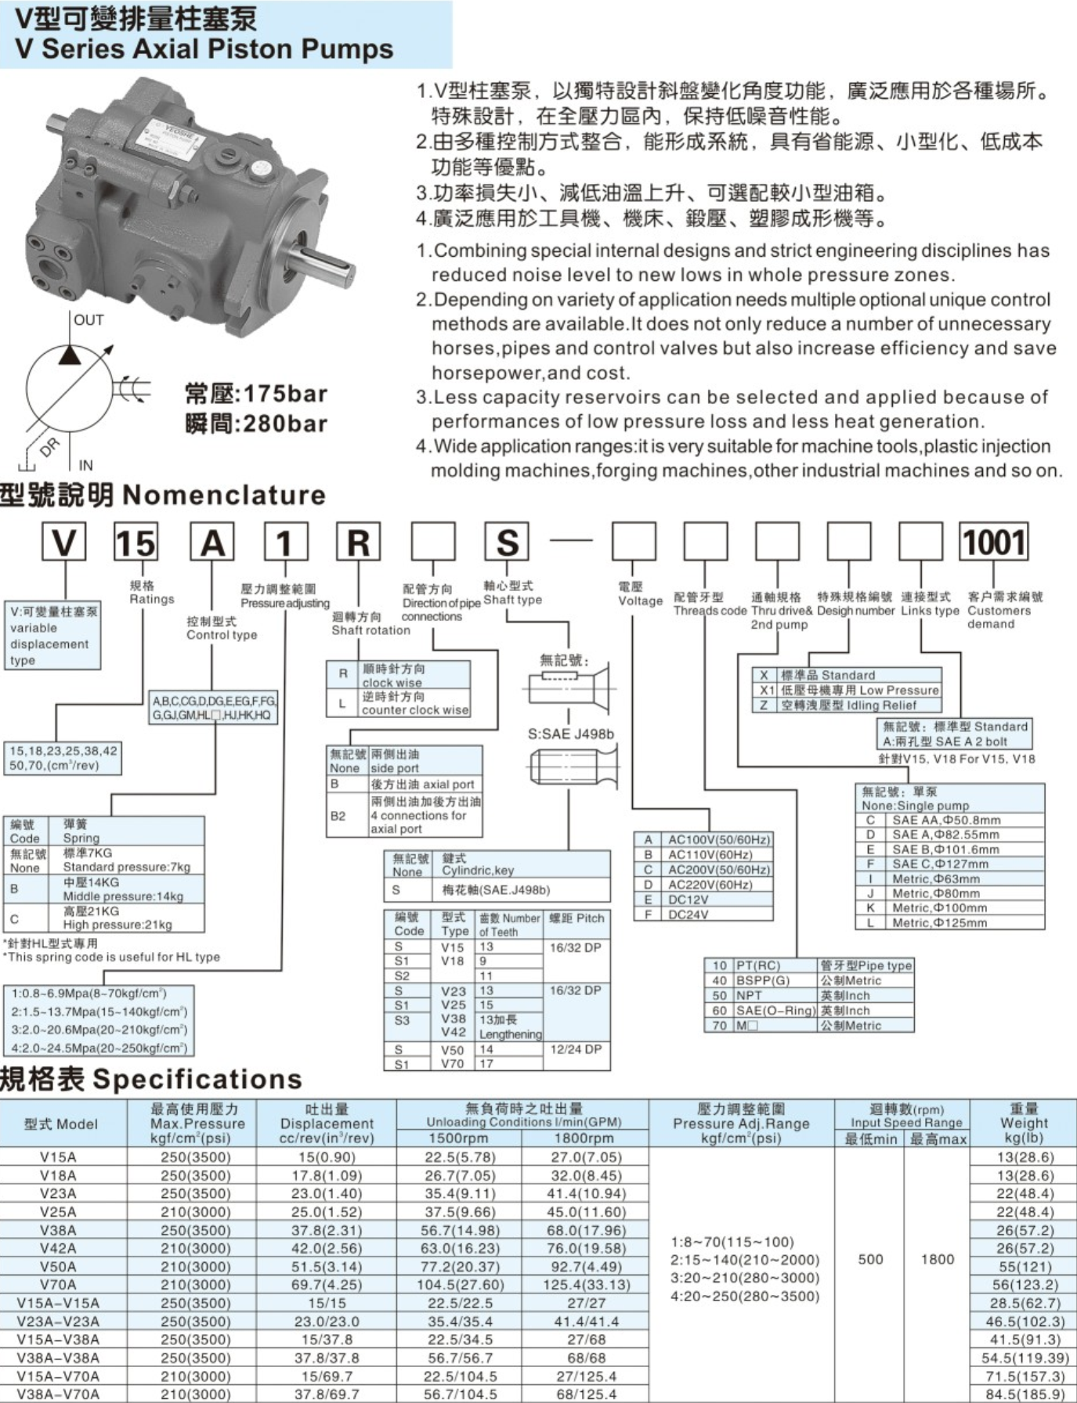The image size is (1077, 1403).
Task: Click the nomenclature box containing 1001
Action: click(993, 543)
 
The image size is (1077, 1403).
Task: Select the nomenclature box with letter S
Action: click(507, 543)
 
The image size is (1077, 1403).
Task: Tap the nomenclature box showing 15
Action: click(136, 543)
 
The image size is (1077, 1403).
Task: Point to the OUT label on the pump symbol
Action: click(89, 320)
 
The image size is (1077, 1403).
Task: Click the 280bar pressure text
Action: click(256, 424)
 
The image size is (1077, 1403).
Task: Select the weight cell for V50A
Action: click(1024, 1267)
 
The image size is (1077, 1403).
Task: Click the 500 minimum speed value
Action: click(870, 1259)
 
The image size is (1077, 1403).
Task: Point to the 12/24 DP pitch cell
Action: click(576, 1049)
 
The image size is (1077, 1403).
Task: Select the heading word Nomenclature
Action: click(224, 495)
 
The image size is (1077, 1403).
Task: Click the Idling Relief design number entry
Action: click(858, 705)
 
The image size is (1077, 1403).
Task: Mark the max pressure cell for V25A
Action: click(195, 1212)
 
